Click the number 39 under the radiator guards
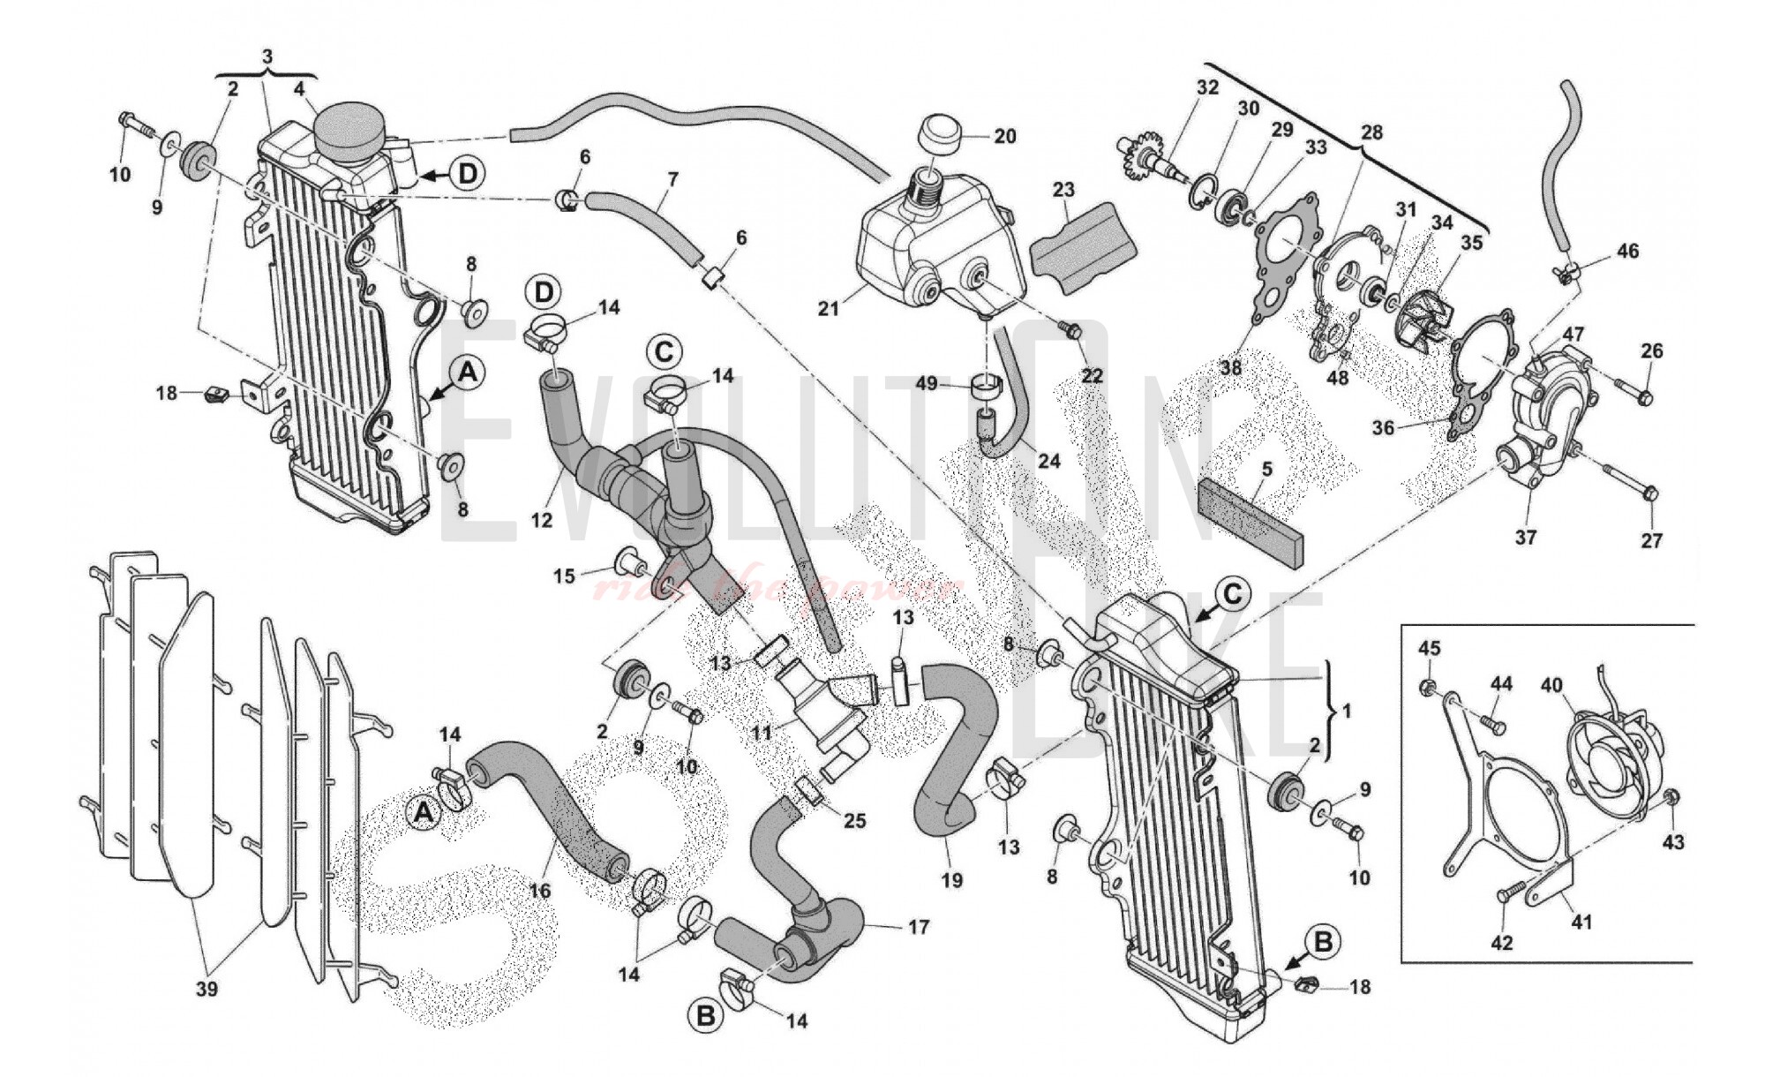[207, 990]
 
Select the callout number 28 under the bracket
[1371, 132]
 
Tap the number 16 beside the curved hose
[539, 891]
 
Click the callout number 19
[952, 879]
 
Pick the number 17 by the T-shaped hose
[919, 927]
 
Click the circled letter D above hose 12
[545, 292]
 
